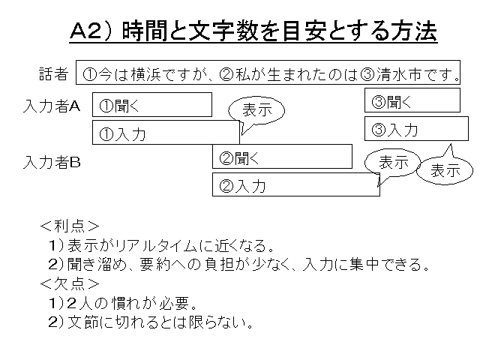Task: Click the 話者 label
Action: tap(53, 73)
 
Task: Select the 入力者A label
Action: tap(52, 106)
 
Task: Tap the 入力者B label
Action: tap(52, 160)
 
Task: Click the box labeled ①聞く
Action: tap(151, 105)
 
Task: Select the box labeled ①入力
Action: tap(165, 133)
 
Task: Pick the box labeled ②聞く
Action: tap(282, 157)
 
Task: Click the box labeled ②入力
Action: tap(295, 184)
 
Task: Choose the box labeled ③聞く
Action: tap(412, 100)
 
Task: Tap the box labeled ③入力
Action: tap(412, 128)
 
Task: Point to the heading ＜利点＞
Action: tap(70, 225)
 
